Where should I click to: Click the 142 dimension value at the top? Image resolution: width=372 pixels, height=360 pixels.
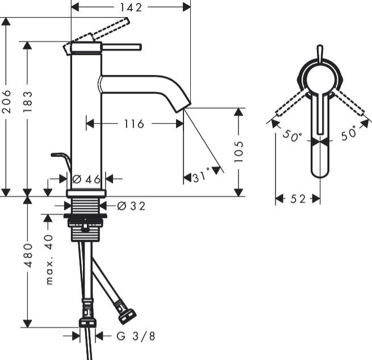[131, 7]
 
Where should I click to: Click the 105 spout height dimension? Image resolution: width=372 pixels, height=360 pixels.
[239, 152]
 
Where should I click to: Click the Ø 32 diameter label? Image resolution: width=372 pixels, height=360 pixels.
[131, 206]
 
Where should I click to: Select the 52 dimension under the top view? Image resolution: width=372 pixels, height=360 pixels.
[298, 199]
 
